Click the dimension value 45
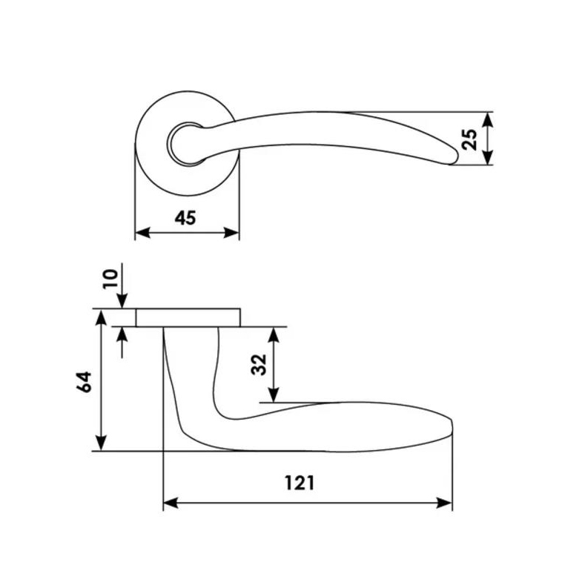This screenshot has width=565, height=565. point(185,218)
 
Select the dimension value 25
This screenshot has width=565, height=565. point(469,139)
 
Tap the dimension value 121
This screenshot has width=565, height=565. point(300,483)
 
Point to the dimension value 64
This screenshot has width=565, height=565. point(84,382)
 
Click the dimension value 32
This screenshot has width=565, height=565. point(258,365)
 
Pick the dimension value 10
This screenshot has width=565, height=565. point(110,279)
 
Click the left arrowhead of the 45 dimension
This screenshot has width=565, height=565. point(142,233)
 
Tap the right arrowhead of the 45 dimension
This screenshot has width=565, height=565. point(231,233)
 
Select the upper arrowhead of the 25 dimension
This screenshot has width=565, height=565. point(487,119)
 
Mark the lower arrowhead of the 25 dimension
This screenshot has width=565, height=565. point(487,157)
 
